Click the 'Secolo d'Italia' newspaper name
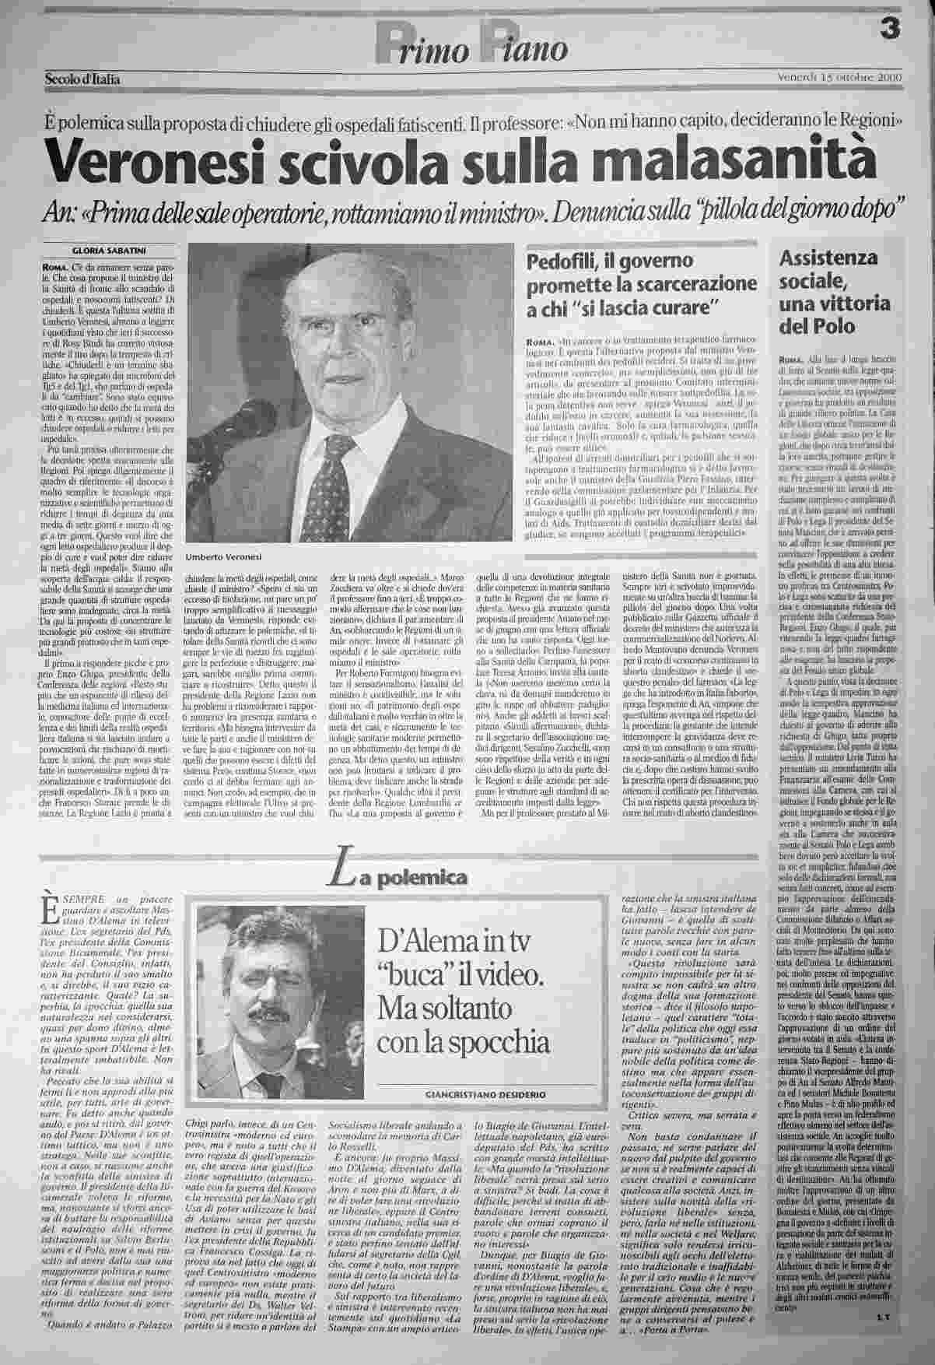tap(82, 79)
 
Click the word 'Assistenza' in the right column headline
tap(828, 258)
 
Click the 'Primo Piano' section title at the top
tap(471, 47)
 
